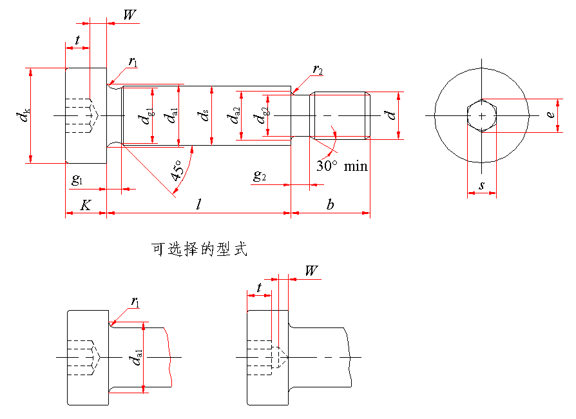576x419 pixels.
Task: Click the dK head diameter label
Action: tap(23, 116)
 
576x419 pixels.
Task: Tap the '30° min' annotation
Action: tap(342, 166)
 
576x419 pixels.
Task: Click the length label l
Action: tap(199, 204)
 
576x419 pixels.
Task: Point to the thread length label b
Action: tap(330, 204)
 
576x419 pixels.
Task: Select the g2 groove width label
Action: tap(259, 176)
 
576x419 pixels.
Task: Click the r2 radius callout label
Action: tap(318, 69)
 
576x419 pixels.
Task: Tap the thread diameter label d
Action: tap(390, 115)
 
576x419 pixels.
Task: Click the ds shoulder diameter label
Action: tap(204, 116)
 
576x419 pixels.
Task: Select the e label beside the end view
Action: tap(550, 115)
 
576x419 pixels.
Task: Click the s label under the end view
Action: tap(481, 186)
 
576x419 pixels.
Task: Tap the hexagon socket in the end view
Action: tap(481, 115)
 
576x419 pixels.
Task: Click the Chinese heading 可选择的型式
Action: tap(199, 249)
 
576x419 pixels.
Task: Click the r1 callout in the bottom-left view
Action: tap(136, 301)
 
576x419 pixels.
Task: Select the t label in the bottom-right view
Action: tap(259, 288)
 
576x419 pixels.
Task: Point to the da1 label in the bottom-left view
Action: tap(137, 358)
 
